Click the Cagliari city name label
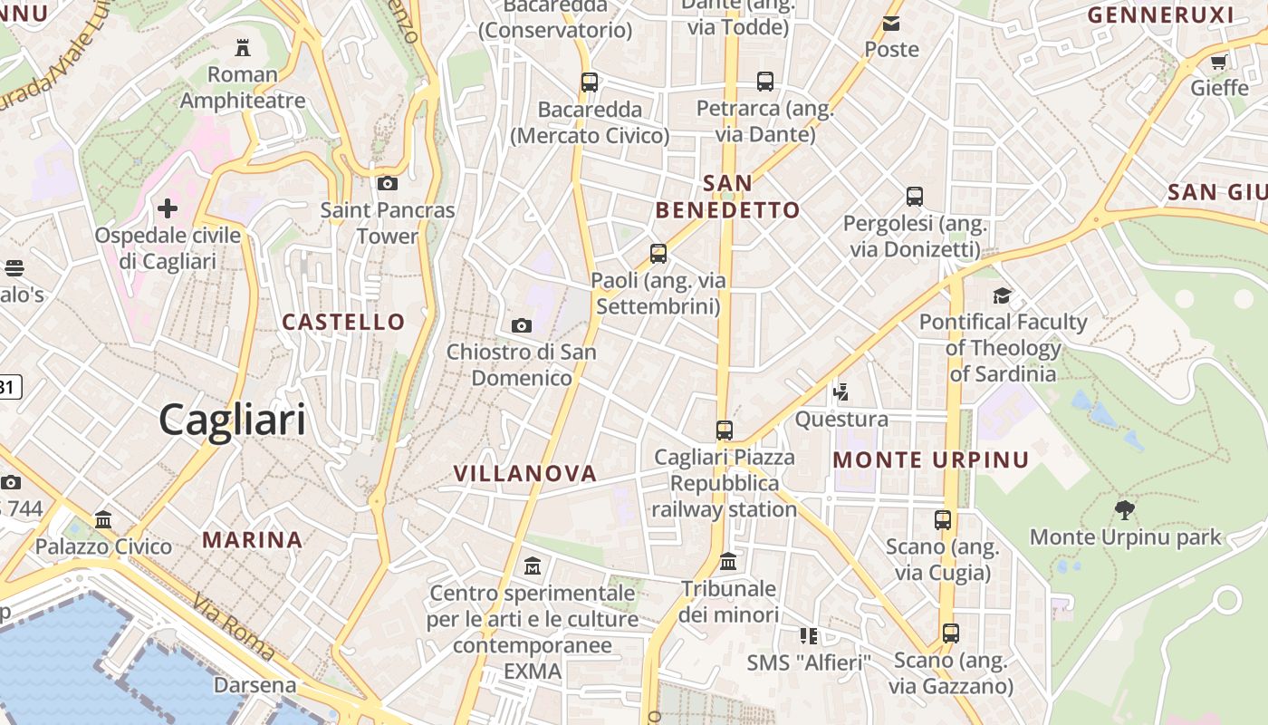[x=232, y=420]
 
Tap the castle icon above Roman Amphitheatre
[x=243, y=46]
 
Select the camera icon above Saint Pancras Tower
[x=388, y=183]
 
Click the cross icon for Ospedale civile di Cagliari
[x=168, y=208]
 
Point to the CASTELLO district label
[x=343, y=322]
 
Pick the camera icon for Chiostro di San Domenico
[x=522, y=325]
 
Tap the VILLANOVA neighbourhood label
[x=525, y=473]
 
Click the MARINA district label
[x=253, y=540]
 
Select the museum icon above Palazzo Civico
[x=103, y=520]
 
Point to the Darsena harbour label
[x=255, y=685]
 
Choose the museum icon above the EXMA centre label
[x=533, y=566]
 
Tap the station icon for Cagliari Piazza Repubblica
[x=724, y=430]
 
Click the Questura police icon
[x=841, y=392]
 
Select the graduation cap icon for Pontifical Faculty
[x=1002, y=295]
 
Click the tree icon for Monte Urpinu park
[x=1125, y=510]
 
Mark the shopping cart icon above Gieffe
[x=1218, y=63]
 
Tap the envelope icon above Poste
[x=891, y=24]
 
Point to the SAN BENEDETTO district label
[x=728, y=197]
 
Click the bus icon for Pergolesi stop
[x=915, y=196]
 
